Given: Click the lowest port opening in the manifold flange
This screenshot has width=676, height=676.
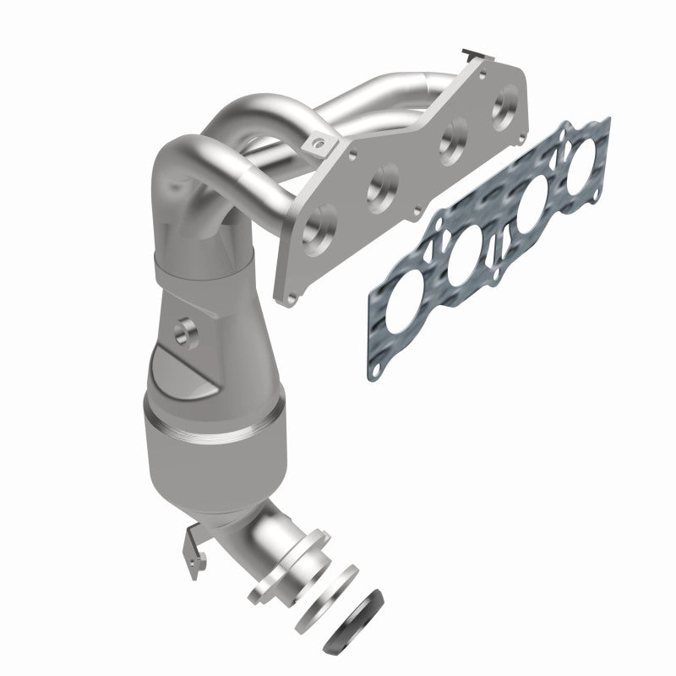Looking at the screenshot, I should coord(319,225).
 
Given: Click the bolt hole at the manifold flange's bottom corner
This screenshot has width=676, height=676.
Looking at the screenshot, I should coord(290,298).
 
